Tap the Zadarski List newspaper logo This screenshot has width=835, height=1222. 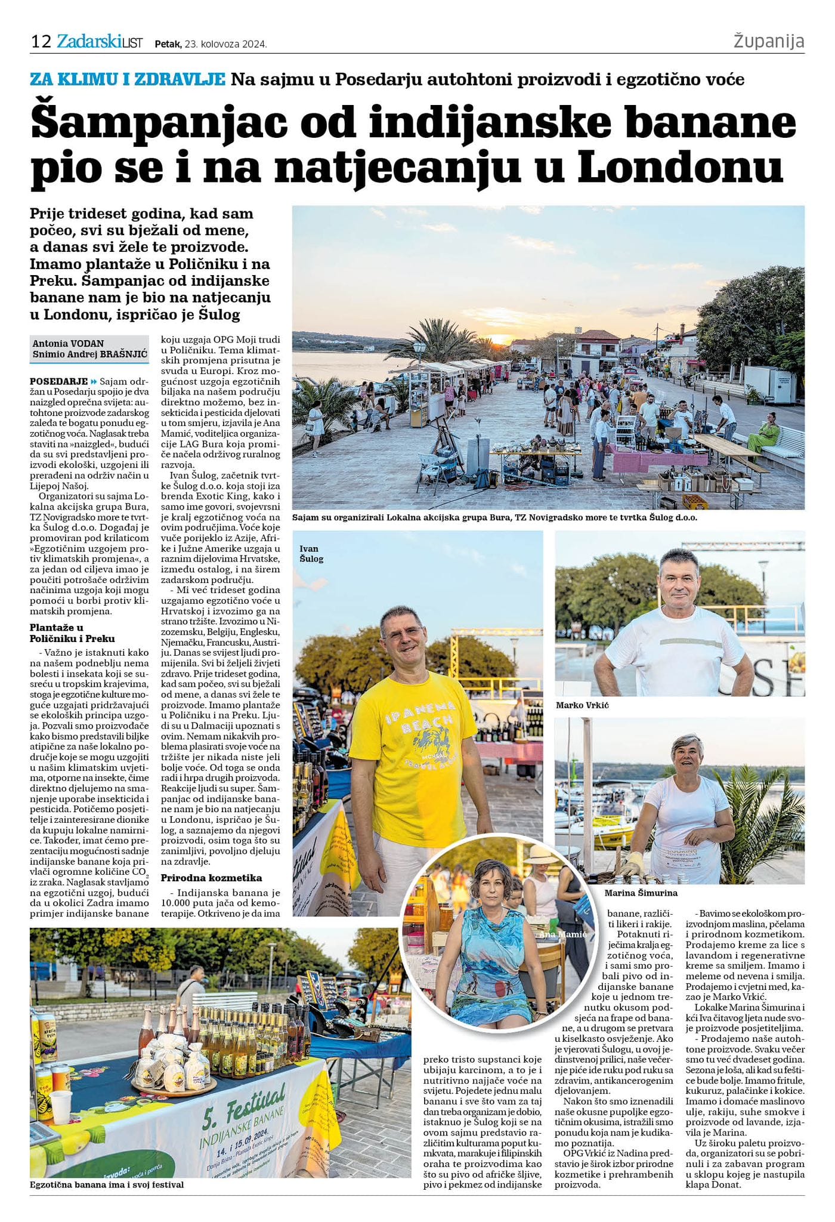pyautogui.click(x=100, y=42)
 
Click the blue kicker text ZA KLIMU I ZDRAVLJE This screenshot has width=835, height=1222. pyautogui.click(x=128, y=79)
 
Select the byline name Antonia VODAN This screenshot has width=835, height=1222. pyautogui.click(x=68, y=343)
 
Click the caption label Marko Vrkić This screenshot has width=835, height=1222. pyautogui.click(x=582, y=705)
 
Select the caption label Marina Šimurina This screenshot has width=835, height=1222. pyautogui.click(x=641, y=893)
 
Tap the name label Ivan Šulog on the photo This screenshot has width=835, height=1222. pyautogui.click(x=311, y=554)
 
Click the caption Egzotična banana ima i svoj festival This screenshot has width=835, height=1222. pyautogui.click(x=107, y=1184)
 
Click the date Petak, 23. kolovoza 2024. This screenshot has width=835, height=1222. pyautogui.click(x=211, y=44)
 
